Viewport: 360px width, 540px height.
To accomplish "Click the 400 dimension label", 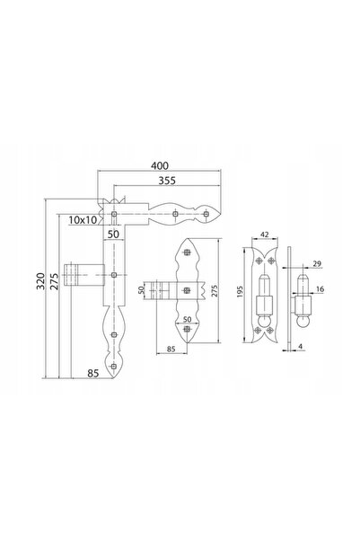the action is point(160,165).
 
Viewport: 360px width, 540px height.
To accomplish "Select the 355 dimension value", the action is point(167,181).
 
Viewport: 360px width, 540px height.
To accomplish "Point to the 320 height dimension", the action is point(40,281).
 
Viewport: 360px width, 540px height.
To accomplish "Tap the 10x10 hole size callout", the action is point(83,220).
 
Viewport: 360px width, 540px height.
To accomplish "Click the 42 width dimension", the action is point(264,235).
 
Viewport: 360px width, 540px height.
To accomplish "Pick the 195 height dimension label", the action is point(241,291).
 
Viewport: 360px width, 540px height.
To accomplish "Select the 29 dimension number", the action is point(317,264).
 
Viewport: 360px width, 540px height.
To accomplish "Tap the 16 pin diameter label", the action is point(320,289).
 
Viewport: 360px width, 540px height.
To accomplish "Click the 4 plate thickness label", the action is point(301,346).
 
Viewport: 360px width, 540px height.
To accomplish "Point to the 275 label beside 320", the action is point(55,281).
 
